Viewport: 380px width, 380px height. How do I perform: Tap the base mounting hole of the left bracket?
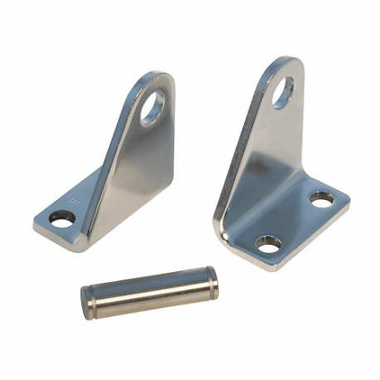61,218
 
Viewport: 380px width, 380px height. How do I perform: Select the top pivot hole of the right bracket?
283,92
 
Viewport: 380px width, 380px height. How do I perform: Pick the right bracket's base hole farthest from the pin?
321,199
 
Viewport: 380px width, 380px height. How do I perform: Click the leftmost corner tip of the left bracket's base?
35,222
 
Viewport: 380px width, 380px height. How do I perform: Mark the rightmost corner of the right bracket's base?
348,199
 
